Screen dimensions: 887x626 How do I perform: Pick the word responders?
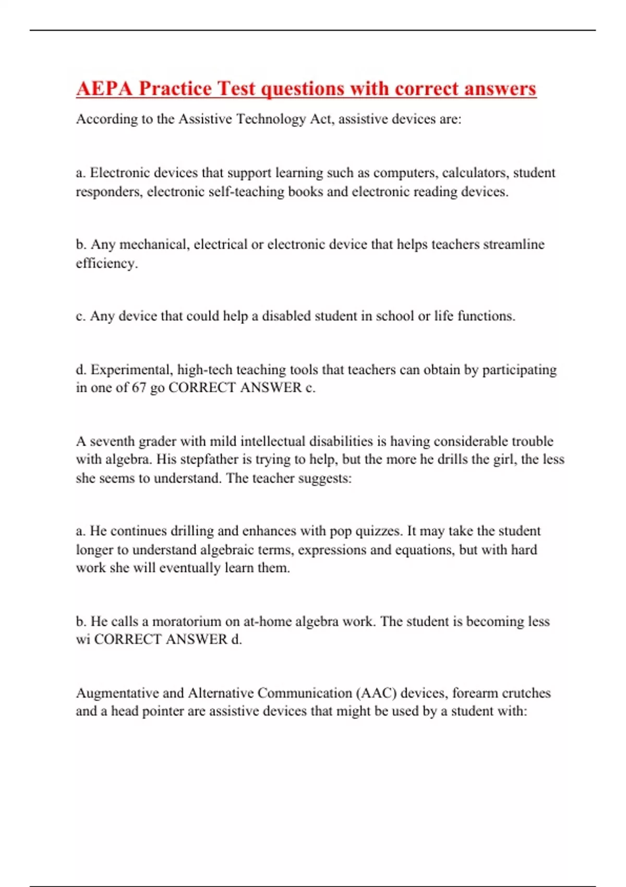click(108, 192)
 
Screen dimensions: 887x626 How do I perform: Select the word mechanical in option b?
click(154, 245)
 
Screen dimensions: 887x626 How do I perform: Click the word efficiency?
click(106, 263)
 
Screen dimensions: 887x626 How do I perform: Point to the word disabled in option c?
click(286, 316)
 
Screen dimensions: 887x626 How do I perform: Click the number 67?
click(139, 388)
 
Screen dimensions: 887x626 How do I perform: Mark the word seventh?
click(113, 441)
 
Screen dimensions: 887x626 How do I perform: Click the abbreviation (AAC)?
click(376, 693)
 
